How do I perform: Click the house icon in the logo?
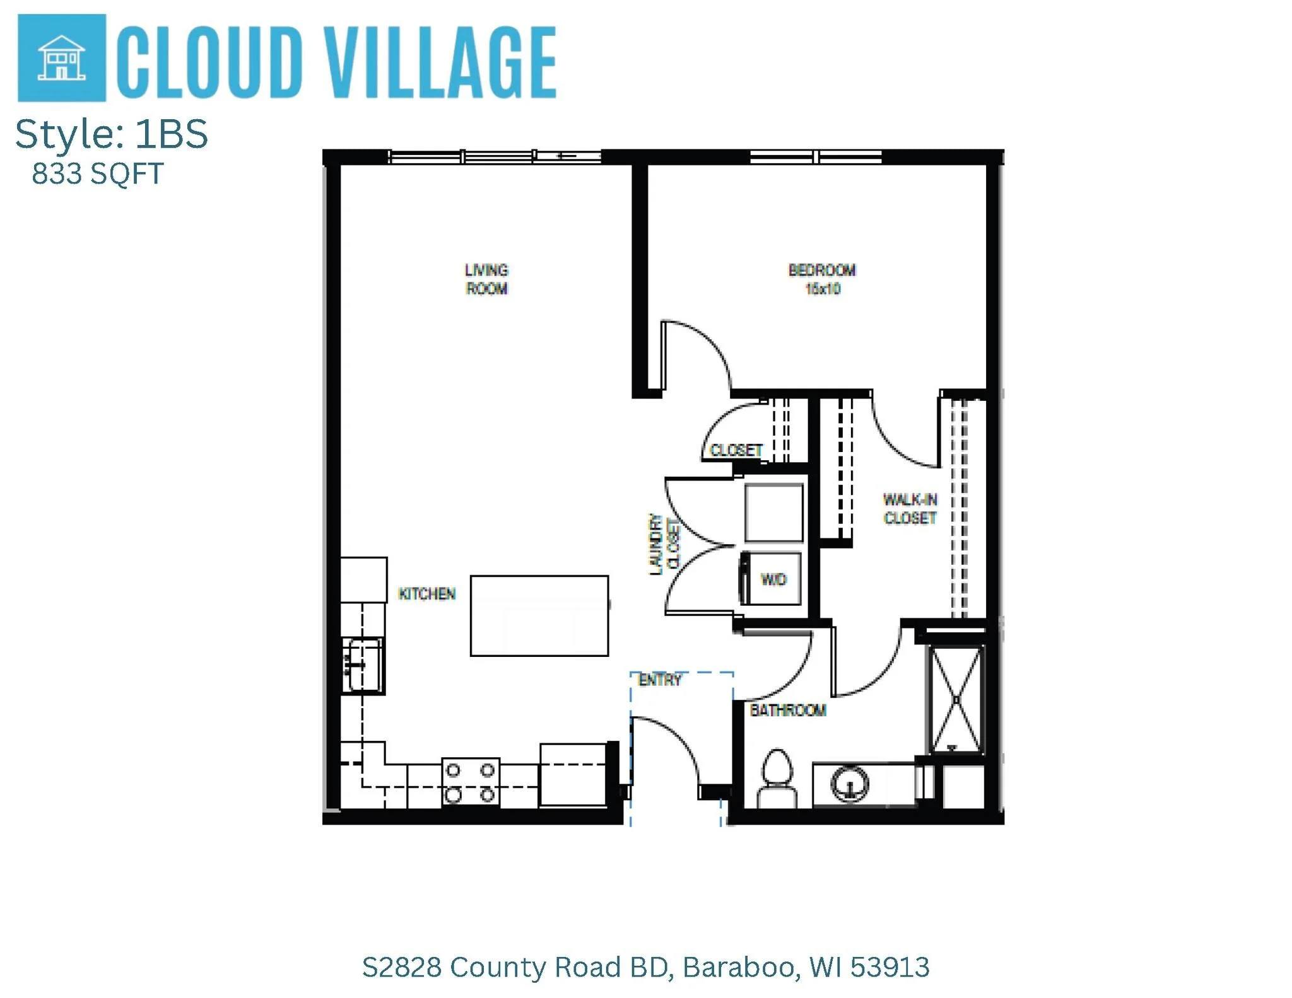[x=61, y=58]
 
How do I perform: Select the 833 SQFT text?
[x=98, y=174]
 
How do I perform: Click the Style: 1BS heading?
[x=112, y=134]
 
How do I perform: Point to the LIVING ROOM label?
[x=486, y=279]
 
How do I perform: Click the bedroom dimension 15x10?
[x=823, y=289]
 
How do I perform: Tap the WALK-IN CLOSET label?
[x=910, y=509]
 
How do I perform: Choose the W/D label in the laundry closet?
[x=773, y=579]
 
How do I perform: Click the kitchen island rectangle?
[x=539, y=616]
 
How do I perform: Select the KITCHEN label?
[x=427, y=594]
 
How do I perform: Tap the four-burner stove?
[x=470, y=782]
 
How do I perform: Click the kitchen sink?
[x=362, y=665]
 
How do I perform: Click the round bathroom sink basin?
[x=850, y=783]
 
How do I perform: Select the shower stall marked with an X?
[x=956, y=699]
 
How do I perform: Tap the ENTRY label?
[x=661, y=680]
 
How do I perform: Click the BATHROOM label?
[x=788, y=711]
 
